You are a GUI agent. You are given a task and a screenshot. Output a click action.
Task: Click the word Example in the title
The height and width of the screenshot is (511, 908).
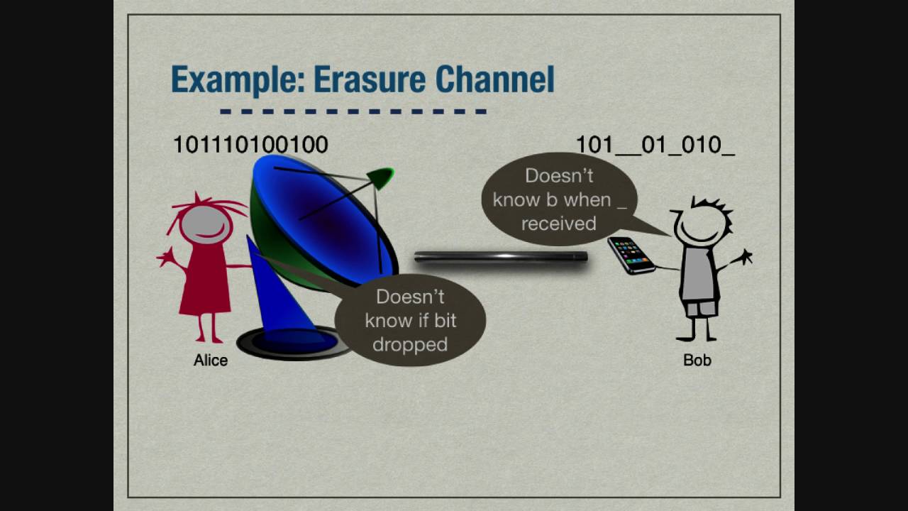tap(238, 80)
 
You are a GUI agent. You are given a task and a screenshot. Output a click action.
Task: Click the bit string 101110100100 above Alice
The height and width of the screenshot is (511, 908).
tap(250, 144)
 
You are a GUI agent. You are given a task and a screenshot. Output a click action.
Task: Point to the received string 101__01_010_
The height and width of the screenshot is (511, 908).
tap(655, 145)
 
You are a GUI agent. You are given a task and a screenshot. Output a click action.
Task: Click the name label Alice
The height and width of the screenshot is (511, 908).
tap(211, 360)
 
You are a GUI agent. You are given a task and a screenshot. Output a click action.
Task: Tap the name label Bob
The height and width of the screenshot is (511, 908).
tap(697, 360)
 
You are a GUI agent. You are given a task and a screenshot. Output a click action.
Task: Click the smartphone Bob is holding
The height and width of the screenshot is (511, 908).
tap(631, 255)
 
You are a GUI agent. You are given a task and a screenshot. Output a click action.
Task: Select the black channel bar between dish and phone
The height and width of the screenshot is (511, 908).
tap(501, 257)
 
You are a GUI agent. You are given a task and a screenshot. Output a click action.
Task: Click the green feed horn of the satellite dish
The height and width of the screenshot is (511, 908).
tap(380, 178)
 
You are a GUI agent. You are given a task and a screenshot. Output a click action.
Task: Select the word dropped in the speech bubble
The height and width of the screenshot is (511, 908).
tap(410, 345)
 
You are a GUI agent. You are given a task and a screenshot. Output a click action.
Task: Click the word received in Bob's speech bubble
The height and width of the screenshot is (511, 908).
tap(558, 224)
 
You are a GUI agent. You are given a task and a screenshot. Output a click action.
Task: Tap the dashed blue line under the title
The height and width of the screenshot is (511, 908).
tap(353, 111)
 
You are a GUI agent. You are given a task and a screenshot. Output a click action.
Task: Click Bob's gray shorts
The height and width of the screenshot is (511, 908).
tap(700, 308)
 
